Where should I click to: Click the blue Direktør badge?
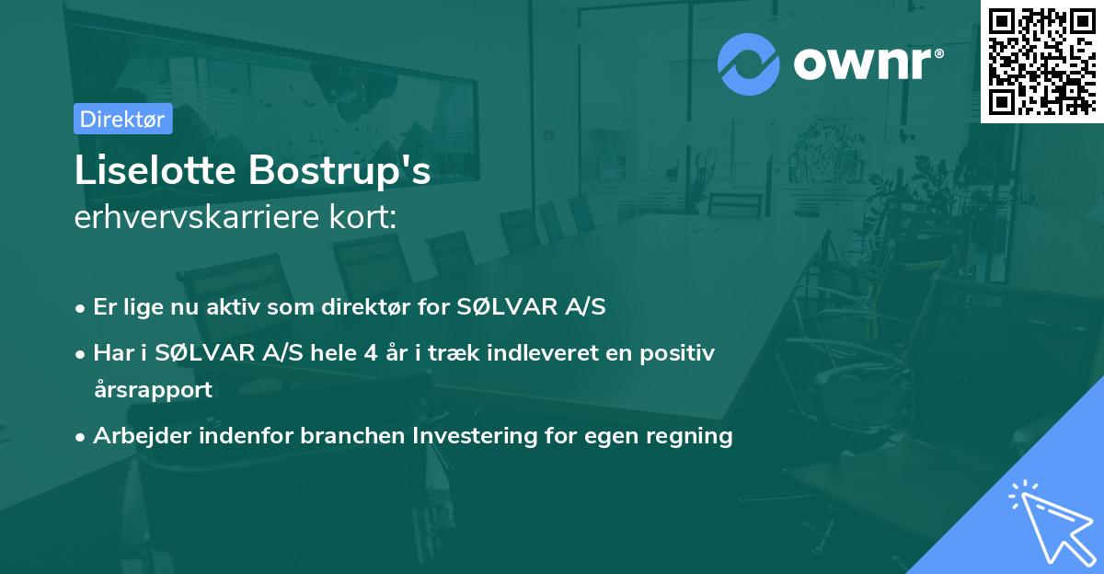tap(123, 119)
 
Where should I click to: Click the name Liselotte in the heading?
tap(155, 170)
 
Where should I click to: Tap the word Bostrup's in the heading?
tap(339, 171)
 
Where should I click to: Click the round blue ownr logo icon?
tap(749, 64)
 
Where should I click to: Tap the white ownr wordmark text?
tap(868, 64)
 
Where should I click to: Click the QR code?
tap(1042, 62)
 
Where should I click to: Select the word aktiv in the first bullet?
tap(233, 306)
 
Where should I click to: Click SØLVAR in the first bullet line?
tap(507, 306)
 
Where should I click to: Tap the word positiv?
tap(677, 354)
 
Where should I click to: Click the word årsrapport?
tap(154, 390)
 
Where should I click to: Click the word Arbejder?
tap(142, 436)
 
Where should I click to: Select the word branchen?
tap(352, 435)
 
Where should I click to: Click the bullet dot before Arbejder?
tap(80, 438)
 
